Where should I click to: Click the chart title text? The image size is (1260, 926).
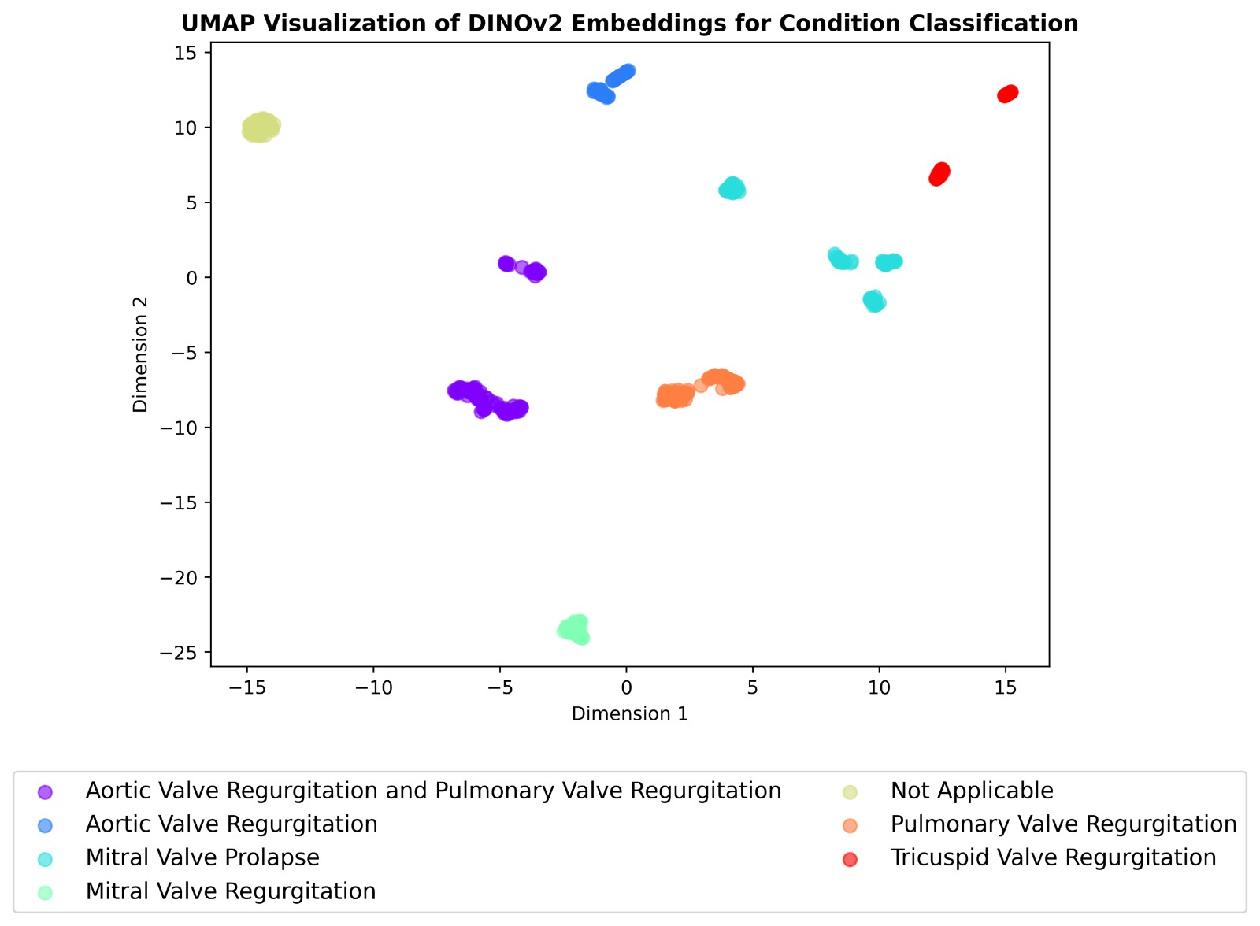[x=629, y=24]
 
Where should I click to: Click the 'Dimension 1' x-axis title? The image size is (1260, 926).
[x=629, y=713]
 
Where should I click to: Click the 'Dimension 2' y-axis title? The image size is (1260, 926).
[x=141, y=354]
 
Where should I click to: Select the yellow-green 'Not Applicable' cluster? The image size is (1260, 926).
[x=260, y=127]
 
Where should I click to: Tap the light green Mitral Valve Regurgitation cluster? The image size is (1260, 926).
[x=574, y=629]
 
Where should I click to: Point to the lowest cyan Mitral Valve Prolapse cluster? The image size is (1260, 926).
[x=874, y=301]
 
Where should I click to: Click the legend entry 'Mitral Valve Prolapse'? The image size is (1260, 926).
[x=202, y=857]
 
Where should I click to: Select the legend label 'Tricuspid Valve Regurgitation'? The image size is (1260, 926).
[x=1053, y=857]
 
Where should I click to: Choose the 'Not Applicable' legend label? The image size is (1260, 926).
[x=972, y=791]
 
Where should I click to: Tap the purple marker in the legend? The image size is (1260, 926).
[x=46, y=791]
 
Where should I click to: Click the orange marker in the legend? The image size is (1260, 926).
[x=850, y=824]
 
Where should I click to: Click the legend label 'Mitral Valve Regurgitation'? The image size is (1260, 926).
[x=231, y=891]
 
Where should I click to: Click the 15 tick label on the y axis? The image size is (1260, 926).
[x=188, y=53]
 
